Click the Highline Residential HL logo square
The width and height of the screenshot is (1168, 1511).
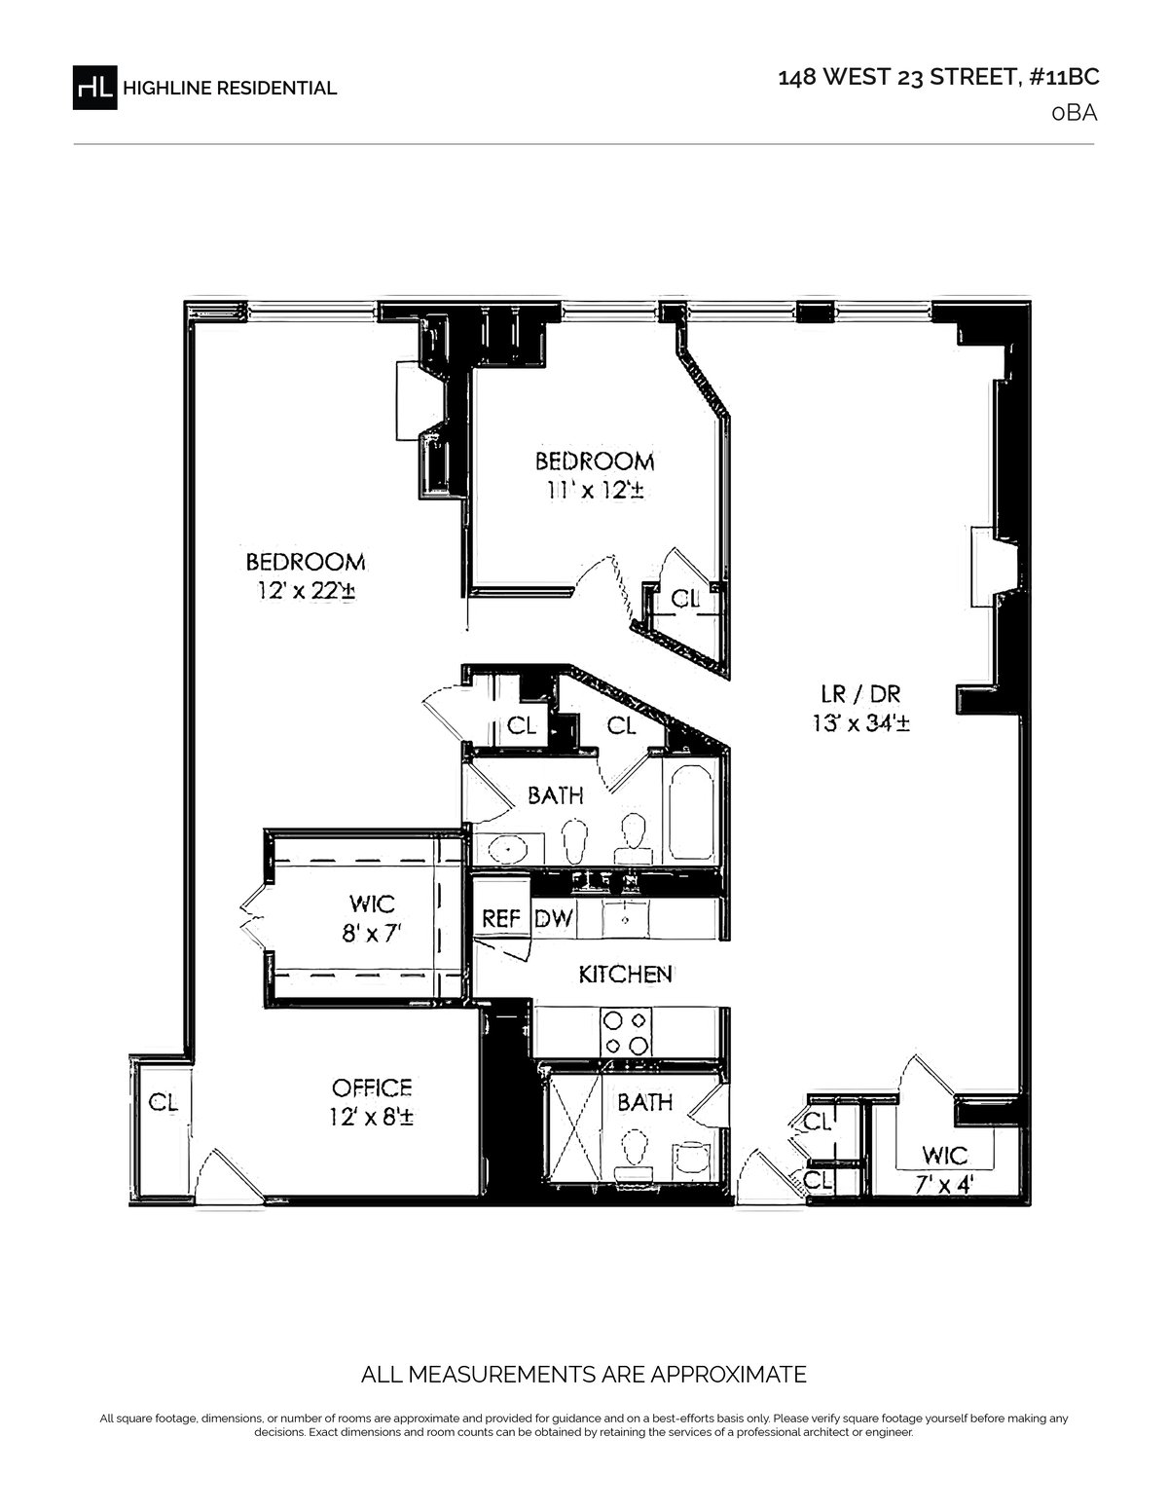(94, 87)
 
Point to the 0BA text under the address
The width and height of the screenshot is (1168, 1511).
(1075, 113)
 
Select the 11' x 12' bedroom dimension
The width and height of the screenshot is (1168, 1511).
(594, 490)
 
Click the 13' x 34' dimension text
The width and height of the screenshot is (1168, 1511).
(860, 723)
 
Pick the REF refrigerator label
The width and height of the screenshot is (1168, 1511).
(501, 918)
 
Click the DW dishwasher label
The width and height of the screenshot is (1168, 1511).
(554, 918)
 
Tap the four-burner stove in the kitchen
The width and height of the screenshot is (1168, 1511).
(626, 1033)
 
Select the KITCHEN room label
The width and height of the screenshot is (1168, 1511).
(625, 975)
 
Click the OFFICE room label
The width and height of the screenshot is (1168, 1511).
(372, 1087)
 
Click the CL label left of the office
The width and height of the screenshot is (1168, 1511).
(164, 1103)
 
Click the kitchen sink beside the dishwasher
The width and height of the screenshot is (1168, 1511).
(625, 919)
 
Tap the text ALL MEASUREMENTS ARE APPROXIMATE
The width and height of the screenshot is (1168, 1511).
(584, 1374)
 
